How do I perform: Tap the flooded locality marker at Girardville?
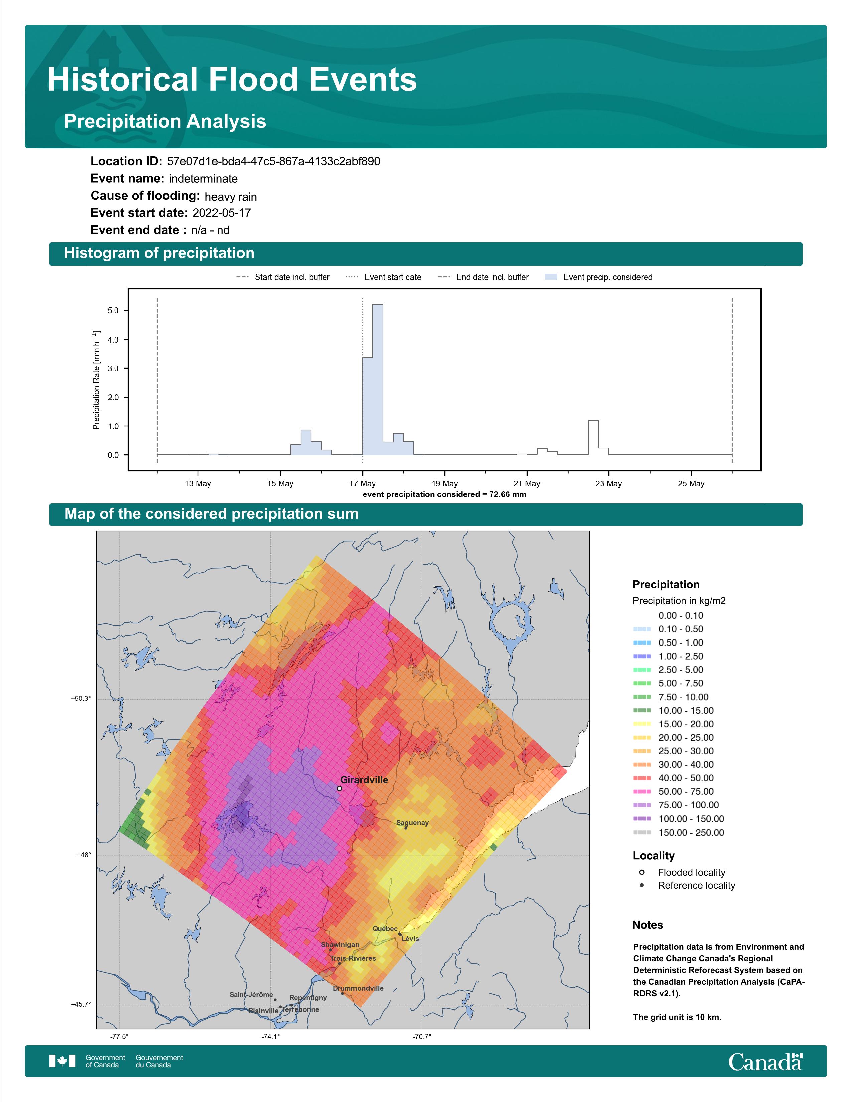click(x=340, y=788)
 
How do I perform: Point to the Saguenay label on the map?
click(x=412, y=822)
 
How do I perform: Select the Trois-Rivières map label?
click(x=353, y=958)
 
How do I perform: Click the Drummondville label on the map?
click(x=359, y=988)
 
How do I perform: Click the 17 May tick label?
click(x=363, y=484)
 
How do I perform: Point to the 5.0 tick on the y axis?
click(x=113, y=310)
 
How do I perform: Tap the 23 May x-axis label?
click(x=609, y=484)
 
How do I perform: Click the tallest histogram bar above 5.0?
click(x=378, y=379)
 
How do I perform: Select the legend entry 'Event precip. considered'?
click(x=599, y=277)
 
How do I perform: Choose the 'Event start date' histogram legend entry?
click(x=384, y=277)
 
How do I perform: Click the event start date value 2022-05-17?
click(x=222, y=213)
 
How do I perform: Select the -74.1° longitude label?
click(x=271, y=1037)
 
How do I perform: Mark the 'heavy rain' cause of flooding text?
click(x=231, y=197)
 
